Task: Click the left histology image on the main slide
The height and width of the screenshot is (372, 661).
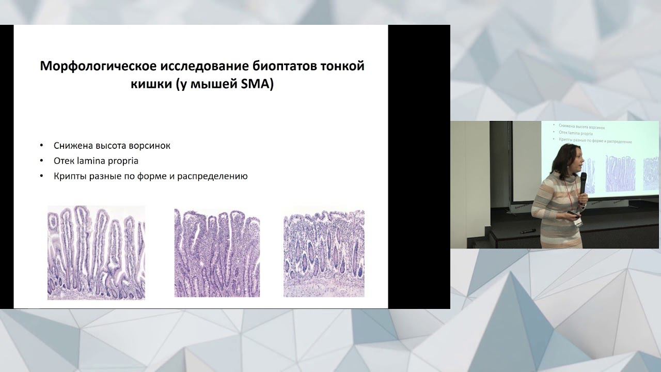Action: coord(96,252)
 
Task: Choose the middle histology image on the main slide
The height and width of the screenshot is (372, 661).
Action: coord(217,252)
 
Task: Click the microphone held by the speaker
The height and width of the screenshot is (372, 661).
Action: coord(583,182)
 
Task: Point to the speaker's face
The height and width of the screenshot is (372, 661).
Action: coord(573,161)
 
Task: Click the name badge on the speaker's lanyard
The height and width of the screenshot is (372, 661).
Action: coord(580,222)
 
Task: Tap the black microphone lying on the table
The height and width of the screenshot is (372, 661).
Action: coord(526,231)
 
